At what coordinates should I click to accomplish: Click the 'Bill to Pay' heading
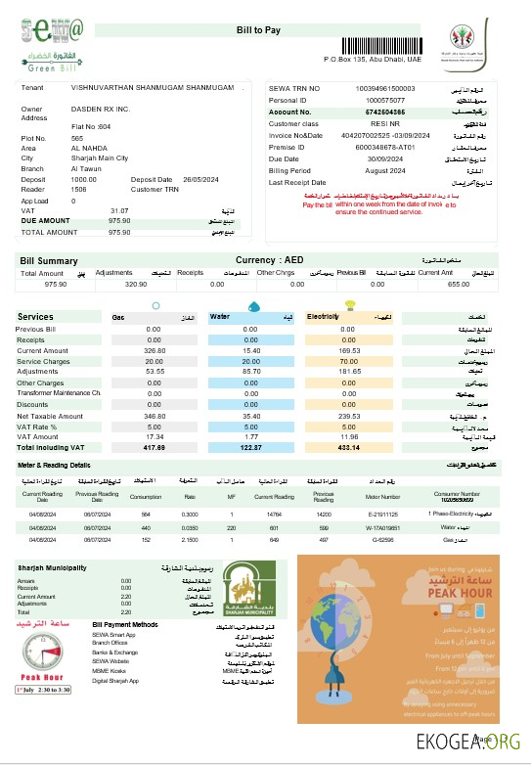click(258, 32)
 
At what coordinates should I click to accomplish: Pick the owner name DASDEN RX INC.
click(101, 109)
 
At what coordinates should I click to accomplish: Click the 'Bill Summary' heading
click(49, 261)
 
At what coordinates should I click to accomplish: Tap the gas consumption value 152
click(146, 539)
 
